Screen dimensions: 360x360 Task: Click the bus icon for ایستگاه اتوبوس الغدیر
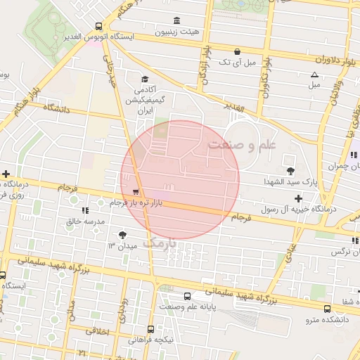point(98,26)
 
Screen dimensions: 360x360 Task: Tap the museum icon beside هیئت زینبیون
point(175,20)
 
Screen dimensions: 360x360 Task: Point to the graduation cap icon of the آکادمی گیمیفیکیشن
point(144,79)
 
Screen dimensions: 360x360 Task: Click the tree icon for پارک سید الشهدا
point(290,170)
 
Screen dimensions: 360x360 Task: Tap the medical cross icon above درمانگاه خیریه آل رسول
point(299,198)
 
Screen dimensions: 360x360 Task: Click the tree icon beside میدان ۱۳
point(124,234)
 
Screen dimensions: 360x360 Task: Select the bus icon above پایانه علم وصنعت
point(187,296)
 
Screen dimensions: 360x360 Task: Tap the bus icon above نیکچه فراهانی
point(150,328)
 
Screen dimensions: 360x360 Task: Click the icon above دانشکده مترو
point(328,308)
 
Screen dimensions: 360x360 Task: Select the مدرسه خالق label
point(85,221)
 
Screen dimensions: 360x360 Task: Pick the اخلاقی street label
point(98,330)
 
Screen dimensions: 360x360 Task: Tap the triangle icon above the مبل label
point(314,74)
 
